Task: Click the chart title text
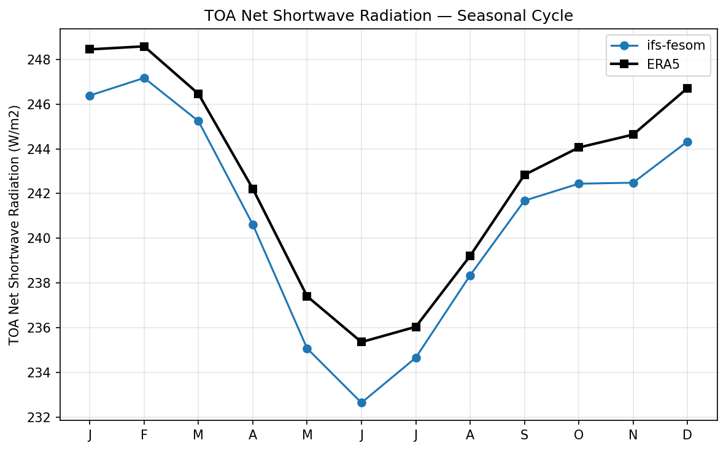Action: tap(388, 16)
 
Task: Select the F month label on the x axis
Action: tap(144, 434)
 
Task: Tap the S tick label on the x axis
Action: tap(525, 434)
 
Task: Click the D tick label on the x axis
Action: tap(687, 434)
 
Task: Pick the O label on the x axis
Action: tap(579, 434)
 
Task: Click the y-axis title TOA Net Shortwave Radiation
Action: tap(15, 225)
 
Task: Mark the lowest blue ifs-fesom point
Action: tap(361, 403)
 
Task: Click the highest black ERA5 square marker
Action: tap(144, 47)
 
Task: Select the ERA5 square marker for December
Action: tap(687, 88)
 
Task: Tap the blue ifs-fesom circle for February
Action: tap(144, 78)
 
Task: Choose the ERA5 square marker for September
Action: tap(525, 175)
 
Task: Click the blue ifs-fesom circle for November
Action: tap(633, 183)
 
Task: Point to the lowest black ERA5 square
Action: tap(361, 342)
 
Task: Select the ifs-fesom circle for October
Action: tap(579, 183)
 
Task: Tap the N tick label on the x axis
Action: tap(633, 434)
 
